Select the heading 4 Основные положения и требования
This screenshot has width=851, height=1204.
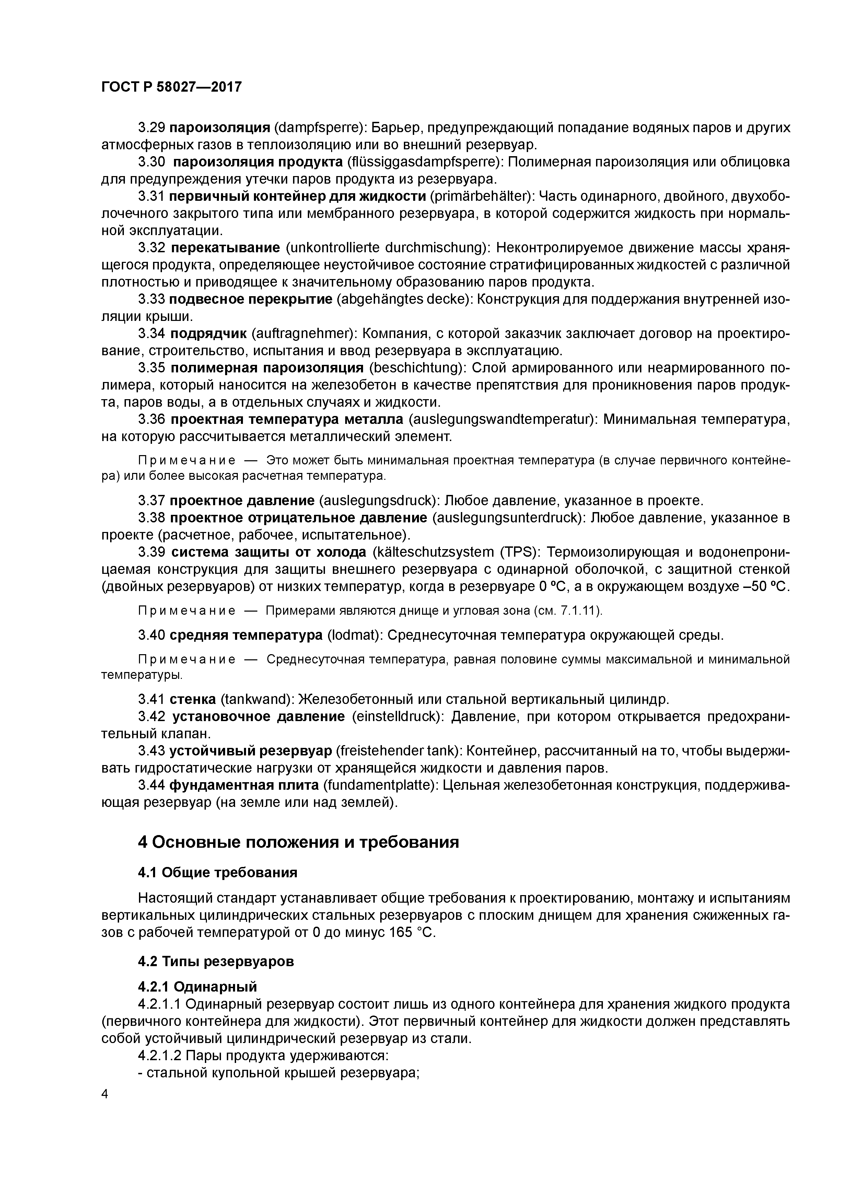[x=298, y=842]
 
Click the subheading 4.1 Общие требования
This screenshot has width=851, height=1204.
[x=217, y=872]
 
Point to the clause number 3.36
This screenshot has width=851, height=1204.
[x=152, y=419]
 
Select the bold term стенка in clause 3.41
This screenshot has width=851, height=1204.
[x=193, y=699]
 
